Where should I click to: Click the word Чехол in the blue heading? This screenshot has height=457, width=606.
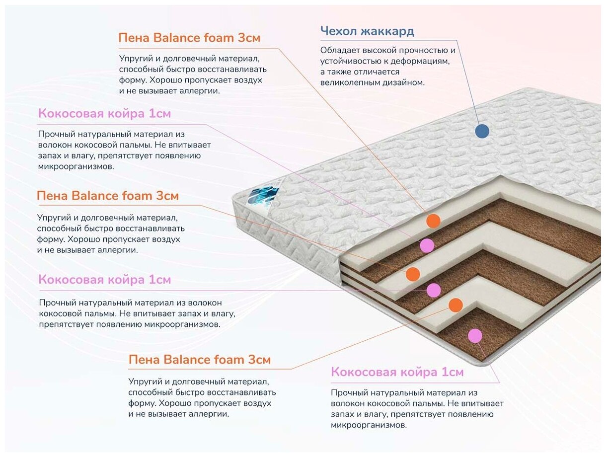pyautogui.click(x=339, y=32)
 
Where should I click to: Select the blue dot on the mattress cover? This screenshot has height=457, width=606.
pyautogui.click(x=482, y=131)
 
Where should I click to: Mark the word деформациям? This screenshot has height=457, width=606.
pyautogui.click(x=422, y=61)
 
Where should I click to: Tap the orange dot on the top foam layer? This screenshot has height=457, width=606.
pyautogui.click(x=433, y=221)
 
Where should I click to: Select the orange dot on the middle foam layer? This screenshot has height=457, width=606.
pyautogui.click(x=412, y=274)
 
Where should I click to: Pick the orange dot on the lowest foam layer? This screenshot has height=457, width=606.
pyautogui.click(x=455, y=305)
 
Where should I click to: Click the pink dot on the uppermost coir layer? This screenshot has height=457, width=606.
pyautogui.click(x=427, y=245)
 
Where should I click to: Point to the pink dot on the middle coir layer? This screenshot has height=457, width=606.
pyautogui.click(x=434, y=290)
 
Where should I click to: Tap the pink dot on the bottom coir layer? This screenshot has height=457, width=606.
pyautogui.click(x=475, y=336)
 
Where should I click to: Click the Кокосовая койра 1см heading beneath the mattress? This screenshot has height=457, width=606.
pyautogui.click(x=397, y=372)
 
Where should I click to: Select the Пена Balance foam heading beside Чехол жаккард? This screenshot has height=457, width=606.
pyautogui.click(x=189, y=38)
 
